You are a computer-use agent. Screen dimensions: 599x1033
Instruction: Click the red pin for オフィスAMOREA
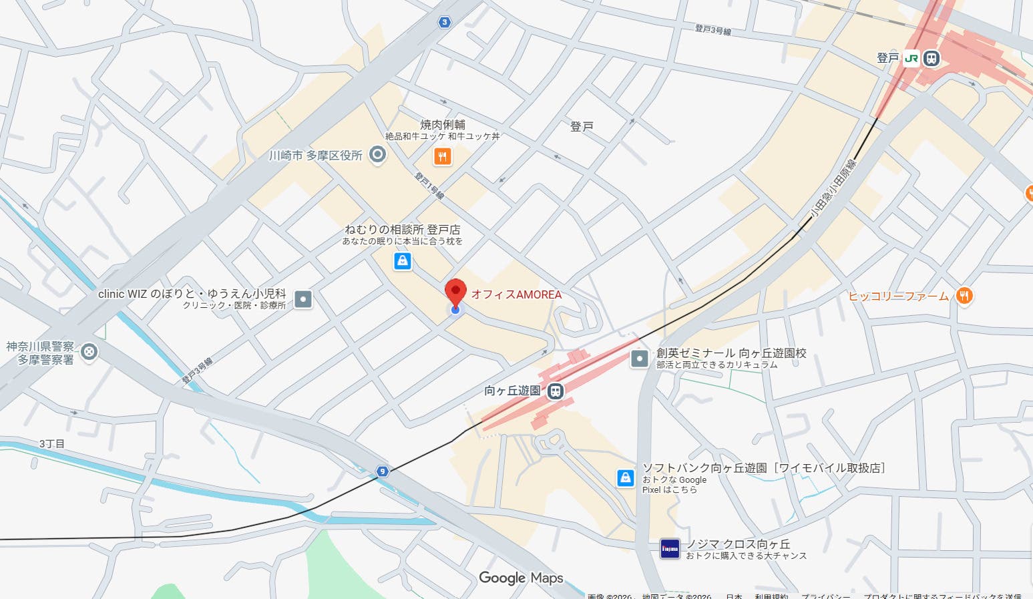[455, 292]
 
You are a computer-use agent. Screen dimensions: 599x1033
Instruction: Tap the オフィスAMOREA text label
[516, 294]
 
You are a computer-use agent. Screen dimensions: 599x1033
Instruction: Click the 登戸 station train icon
[931, 59]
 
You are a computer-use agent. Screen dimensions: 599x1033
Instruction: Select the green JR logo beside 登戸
[911, 59]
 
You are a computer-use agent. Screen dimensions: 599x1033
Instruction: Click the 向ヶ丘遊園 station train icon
[555, 391]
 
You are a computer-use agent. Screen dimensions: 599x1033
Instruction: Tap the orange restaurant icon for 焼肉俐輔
[442, 157]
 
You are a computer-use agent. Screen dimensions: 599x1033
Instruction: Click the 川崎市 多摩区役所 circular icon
[377, 156]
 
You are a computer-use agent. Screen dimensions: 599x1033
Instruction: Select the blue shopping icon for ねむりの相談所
[402, 260]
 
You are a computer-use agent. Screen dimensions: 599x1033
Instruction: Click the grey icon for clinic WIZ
[303, 299]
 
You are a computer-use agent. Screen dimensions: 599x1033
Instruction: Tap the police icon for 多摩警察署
[89, 352]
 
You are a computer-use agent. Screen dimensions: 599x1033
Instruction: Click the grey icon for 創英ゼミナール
[640, 359]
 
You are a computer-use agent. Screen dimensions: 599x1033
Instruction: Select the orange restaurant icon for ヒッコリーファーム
[964, 296]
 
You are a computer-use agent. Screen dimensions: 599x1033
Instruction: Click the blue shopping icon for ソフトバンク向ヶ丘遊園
[625, 477]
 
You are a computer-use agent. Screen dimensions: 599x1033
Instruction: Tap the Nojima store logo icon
[669, 549]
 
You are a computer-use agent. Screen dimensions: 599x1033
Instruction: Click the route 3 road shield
[445, 22]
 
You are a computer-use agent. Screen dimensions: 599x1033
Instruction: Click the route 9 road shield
[382, 471]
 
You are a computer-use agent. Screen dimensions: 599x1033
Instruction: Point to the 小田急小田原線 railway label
[833, 188]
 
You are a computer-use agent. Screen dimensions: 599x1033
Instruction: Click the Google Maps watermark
[521, 578]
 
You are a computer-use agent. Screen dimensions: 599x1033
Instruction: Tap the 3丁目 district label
[51, 443]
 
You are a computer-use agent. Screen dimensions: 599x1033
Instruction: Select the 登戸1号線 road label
[429, 186]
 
